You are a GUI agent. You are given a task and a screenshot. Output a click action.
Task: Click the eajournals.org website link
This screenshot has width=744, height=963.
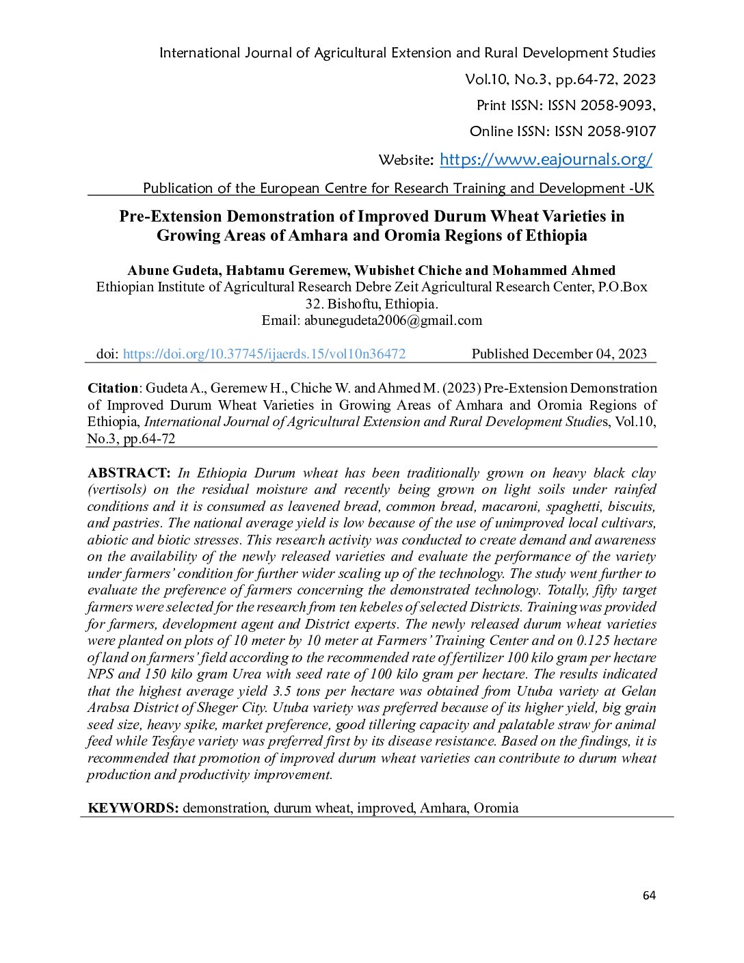pyautogui.click(x=546, y=160)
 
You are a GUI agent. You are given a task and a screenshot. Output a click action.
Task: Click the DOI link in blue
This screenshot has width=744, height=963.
pyautogui.click(x=264, y=354)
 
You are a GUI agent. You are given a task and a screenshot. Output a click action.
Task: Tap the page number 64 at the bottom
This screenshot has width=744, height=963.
pyautogui.click(x=649, y=896)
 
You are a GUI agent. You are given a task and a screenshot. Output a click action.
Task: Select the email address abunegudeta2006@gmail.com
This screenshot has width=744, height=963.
pyautogui.click(x=393, y=321)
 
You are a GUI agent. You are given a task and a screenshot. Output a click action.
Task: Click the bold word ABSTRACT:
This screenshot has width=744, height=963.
pyautogui.click(x=129, y=473)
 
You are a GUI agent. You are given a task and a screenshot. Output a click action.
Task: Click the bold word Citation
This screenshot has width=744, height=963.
pyautogui.click(x=113, y=388)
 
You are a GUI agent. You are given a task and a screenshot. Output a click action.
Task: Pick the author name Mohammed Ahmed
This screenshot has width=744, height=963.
pyautogui.click(x=554, y=271)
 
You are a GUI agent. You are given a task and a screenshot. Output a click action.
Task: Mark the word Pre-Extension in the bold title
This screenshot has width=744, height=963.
pyautogui.click(x=170, y=217)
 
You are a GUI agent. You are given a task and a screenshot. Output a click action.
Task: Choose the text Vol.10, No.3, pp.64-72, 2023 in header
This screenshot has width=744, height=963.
pyautogui.click(x=560, y=79)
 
